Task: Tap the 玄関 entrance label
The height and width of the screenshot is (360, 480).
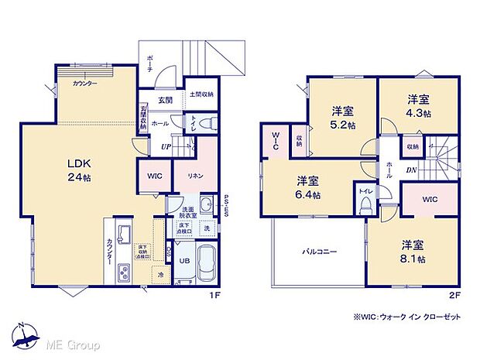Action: pos(166,99)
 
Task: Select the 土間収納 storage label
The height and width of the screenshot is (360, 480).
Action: pos(201,94)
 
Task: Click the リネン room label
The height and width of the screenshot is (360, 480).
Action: pos(194,176)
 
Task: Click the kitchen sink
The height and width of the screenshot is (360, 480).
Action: pos(123,233)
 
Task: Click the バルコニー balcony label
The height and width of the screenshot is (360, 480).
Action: pos(317,252)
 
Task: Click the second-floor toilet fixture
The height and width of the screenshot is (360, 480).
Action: pos(364,203)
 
